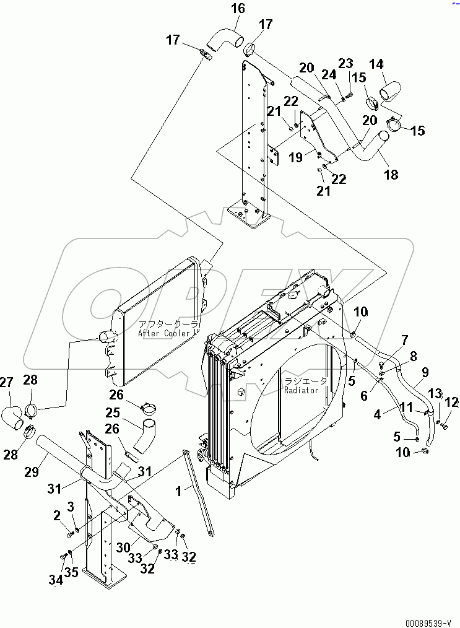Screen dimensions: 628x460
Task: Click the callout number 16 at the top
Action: point(238,8)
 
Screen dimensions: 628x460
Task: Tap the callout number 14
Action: point(376,64)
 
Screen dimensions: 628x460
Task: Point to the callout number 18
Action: point(391,175)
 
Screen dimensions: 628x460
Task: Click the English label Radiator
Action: point(301,390)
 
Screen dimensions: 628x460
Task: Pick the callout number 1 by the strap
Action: point(179,491)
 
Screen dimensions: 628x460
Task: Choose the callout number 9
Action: point(425,372)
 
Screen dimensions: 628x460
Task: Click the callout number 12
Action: point(451,403)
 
